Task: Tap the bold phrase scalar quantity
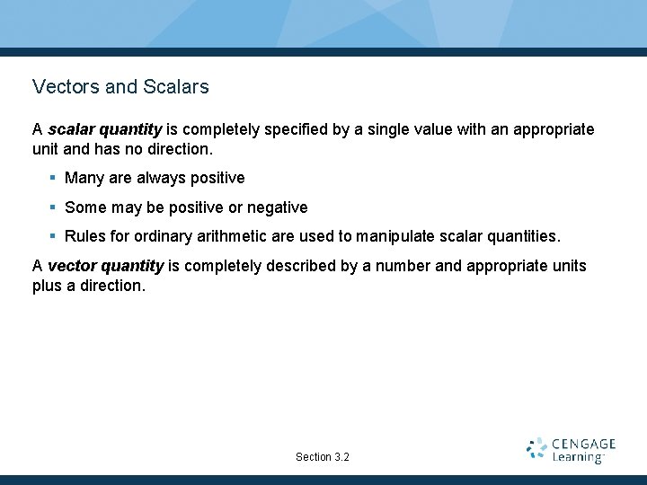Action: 104,129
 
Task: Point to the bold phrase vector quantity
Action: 105,266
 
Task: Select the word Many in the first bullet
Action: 84,178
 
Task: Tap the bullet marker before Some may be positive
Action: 53,207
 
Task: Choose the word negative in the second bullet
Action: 277,207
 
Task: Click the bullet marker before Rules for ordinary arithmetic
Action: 53,237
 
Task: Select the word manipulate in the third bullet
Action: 395,237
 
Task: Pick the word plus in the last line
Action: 48,286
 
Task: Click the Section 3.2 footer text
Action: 323,457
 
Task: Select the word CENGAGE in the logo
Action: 584,444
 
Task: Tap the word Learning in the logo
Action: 577,457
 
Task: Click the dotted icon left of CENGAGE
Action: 536,449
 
